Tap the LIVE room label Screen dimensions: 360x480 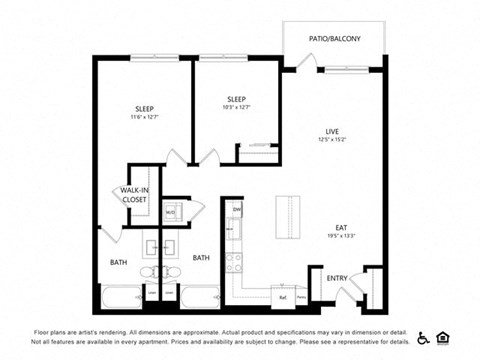coord(332,131)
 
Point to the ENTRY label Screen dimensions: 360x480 coord(337,279)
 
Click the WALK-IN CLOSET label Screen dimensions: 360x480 coord(134,195)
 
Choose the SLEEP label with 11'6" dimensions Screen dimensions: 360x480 coord(145,109)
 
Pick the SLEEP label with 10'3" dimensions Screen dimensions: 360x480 coord(236,99)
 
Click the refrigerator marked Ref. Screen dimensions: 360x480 coord(282,296)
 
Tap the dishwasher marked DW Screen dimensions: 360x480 coord(237,210)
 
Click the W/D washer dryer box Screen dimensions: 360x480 coord(171,211)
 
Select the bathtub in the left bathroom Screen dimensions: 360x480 coord(123,297)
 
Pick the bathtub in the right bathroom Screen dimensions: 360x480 coord(201,297)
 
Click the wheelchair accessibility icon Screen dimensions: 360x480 coord(423,337)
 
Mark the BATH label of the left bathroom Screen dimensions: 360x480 coord(118,263)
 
